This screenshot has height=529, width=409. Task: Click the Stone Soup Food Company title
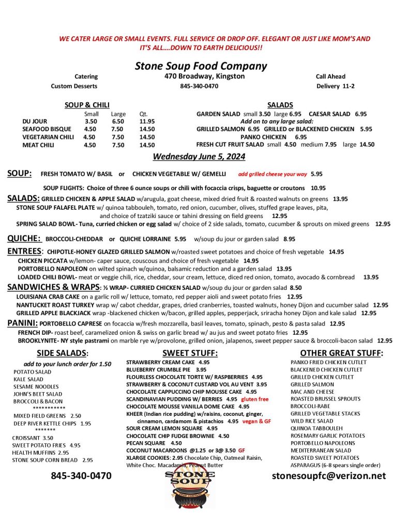[x=201, y=66]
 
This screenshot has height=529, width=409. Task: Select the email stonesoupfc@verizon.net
[x=329, y=476]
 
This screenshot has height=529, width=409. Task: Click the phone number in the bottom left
[x=81, y=476]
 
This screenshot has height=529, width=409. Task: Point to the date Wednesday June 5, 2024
[x=199, y=157]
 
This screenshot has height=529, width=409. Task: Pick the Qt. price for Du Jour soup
[x=147, y=121]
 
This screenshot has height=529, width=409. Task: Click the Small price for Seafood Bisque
[x=90, y=129]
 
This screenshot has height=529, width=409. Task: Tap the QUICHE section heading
[x=24, y=239]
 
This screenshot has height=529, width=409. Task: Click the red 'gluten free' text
[x=255, y=399]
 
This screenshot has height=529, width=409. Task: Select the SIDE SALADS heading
[x=63, y=353]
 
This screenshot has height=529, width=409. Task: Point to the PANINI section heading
[x=21, y=323]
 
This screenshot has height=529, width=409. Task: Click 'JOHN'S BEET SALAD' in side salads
[x=38, y=394]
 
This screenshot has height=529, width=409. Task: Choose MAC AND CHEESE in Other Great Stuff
[x=312, y=392]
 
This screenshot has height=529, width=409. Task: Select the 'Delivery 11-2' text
[x=335, y=86]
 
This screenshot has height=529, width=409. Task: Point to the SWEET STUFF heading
[x=190, y=353]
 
